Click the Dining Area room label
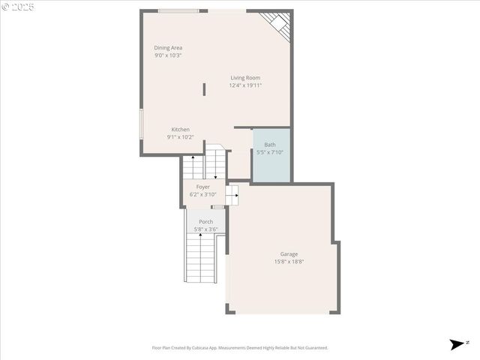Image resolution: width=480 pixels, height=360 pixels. pyautogui.click(x=168, y=47)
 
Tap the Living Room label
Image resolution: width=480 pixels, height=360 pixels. pyautogui.click(x=245, y=77)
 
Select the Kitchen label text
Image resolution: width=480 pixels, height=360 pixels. pyautogui.click(x=180, y=129)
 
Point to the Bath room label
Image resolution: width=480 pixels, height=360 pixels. pyautogui.click(x=270, y=145)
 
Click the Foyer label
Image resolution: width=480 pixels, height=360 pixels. pyautogui.click(x=203, y=187)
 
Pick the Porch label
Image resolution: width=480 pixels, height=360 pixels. pyautogui.click(x=205, y=221)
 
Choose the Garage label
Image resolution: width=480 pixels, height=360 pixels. pyautogui.click(x=289, y=253)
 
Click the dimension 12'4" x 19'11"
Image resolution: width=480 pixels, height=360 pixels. pyautogui.click(x=245, y=85)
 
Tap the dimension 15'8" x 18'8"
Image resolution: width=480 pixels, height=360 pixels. pyautogui.click(x=289, y=262)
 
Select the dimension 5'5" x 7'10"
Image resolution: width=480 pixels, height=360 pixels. pyautogui.click(x=270, y=152)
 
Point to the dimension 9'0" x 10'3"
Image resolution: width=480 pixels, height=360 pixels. pyautogui.click(x=168, y=55)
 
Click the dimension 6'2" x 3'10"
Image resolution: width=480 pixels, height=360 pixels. pyautogui.click(x=203, y=194)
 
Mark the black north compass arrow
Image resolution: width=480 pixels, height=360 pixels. pyautogui.click(x=457, y=344)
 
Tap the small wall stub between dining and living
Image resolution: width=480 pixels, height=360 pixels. pyautogui.click(x=204, y=89)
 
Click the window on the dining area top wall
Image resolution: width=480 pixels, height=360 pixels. pyautogui.click(x=178, y=11)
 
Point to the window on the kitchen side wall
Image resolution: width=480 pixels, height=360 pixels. pyautogui.click(x=141, y=124)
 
